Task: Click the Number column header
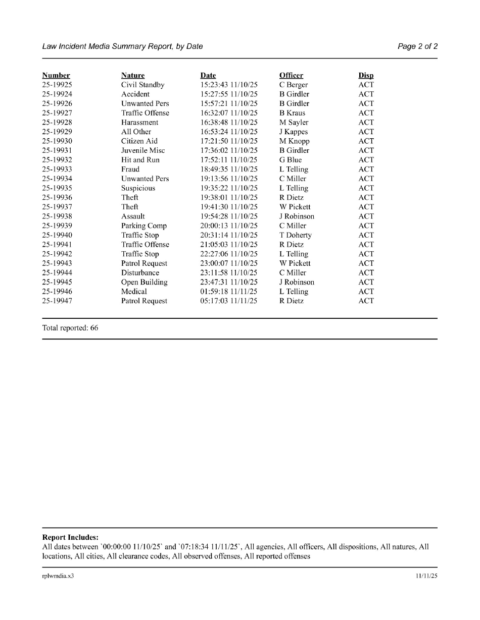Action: point(56,76)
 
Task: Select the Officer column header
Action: point(291,76)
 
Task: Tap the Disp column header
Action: point(366,76)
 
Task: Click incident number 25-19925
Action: point(57,85)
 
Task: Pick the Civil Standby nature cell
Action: point(142,85)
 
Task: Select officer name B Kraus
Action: point(292,113)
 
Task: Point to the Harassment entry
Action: point(139,123)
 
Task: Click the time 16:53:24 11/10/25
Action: point(229,132)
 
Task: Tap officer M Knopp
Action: point(294,141)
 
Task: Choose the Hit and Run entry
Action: point(140,160)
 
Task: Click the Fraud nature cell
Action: point(130,170)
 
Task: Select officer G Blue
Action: point(291,160)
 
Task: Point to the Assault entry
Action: point(133,216)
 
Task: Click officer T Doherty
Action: point(296,235)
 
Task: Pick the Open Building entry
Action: point(144,283)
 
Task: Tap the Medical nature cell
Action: point(134,292)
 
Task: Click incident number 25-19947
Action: point(57,301)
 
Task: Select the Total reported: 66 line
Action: point(70,328)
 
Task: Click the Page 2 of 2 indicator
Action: point(417,46)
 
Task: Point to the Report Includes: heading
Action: point(70,537)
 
